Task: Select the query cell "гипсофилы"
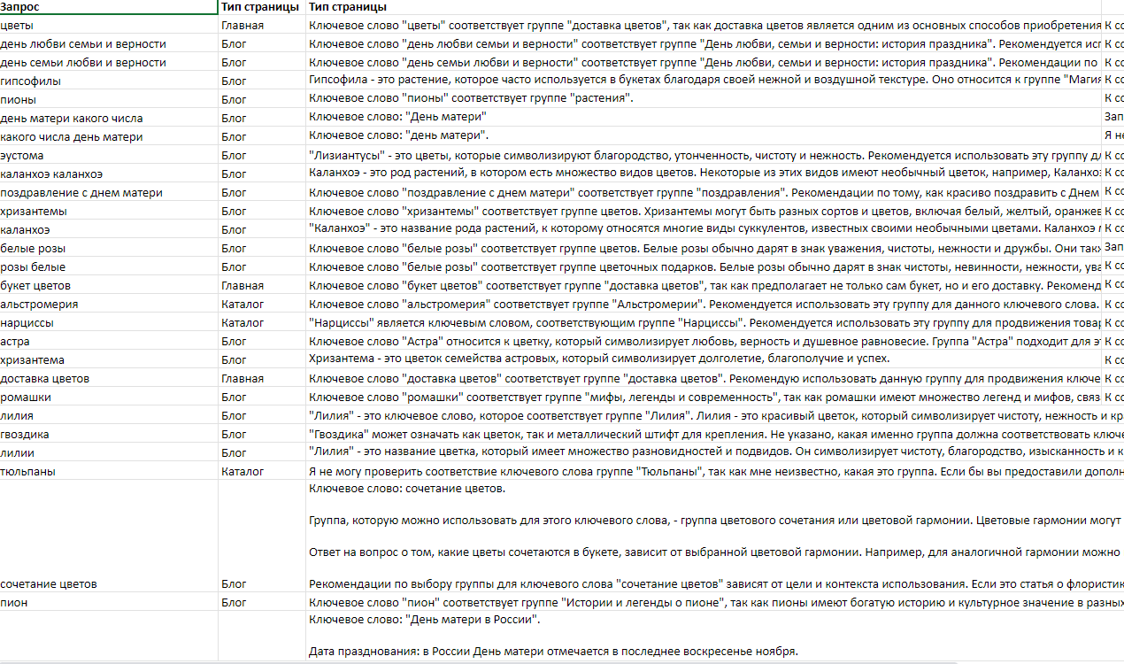tap(31, 81)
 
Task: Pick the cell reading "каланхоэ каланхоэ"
tap(51, 174)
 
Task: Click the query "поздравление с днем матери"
tap(81, 193)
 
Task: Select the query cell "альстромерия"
tap(39, 305)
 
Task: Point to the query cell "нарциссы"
tap(27, 323)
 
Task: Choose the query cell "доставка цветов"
tap(44, 379)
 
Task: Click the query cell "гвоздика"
tap(25, 435)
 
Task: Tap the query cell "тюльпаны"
tap(27, 472)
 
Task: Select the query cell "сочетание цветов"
tap(49, 584)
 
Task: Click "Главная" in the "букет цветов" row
tap(243, 286)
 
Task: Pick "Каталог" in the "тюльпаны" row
tap(243, 472)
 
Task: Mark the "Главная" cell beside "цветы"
tap(243, 26)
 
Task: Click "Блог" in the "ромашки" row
tap(234, 398)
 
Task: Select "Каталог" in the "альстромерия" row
tap(243, 305)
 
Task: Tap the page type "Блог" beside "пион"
tap(234, 603)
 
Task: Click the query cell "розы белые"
tap(33, 267)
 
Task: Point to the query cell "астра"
tap(15, 342)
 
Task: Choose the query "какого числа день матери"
tap(72, 137)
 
